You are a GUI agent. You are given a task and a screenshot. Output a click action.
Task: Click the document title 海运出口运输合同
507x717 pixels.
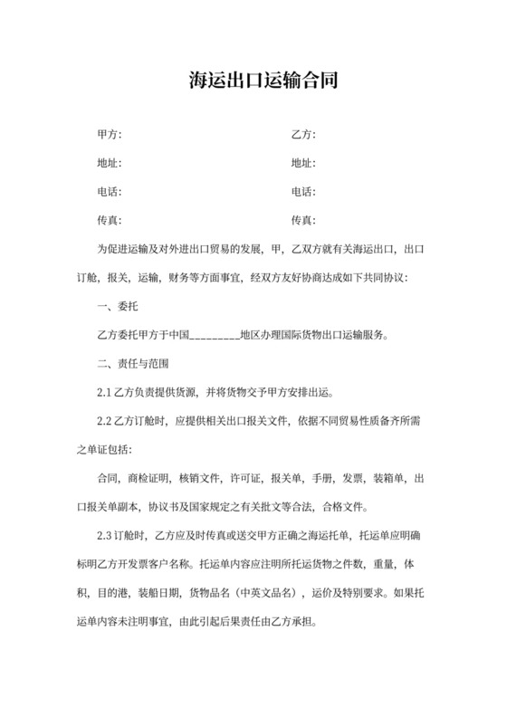click(x=253, y=81)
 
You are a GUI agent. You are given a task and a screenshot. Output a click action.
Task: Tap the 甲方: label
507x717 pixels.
click(x=109, y=134)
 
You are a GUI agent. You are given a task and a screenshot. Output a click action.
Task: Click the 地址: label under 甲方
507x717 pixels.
click(x=109, y=163)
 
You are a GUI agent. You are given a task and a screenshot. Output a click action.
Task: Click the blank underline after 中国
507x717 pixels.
click(x=214, y=335)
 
